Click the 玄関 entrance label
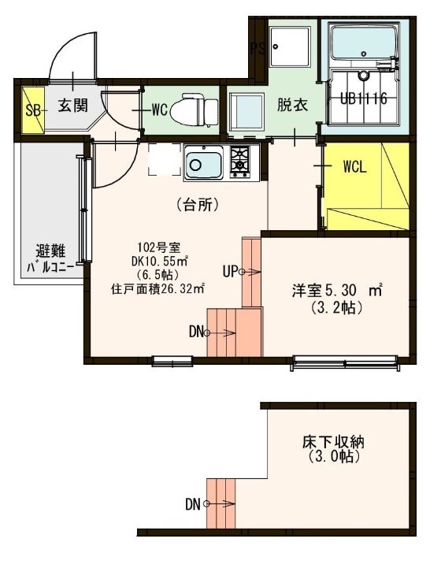(x=72, y=106)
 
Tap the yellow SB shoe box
(x=33, y=110)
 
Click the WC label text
(x=160, y=110)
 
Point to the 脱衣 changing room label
(x=292, y=106)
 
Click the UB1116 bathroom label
(x=363, y=98)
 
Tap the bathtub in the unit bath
(x=365, y=43)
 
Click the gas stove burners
(x=240, y=160)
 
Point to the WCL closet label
(x=355, y=167)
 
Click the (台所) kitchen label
(x=198, y=205)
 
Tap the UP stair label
(x=230, y=272)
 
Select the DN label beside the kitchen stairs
(x=195, y=332)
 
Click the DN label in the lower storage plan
(x=192, y=504)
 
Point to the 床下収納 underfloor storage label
(x=333, y=443)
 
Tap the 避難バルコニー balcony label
(x=50, y=258)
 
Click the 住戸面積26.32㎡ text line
(x=157, y=288)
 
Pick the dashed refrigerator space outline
(x=165, y=159)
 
